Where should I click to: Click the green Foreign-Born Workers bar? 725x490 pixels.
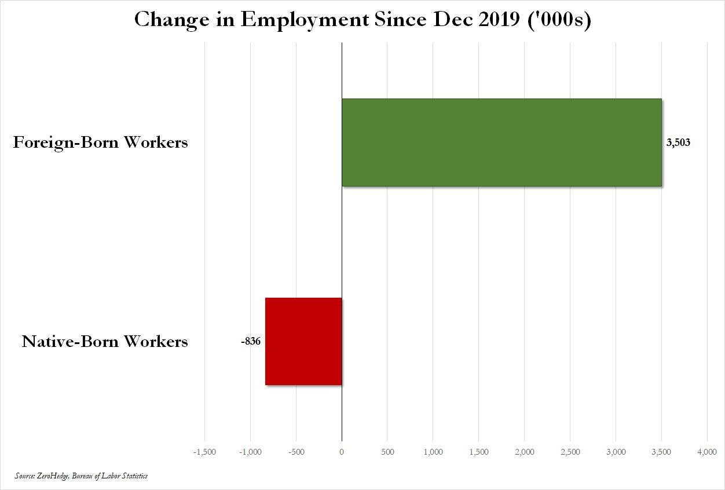pyautogui.click(x=501, y=142)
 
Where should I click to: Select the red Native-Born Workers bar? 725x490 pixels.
pyautogui.click(x=303, y=341)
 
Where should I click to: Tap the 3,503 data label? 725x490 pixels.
pyautogui.click(x=678, y=142)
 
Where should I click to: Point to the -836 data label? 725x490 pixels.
pyautogui.click(x=251, y=341)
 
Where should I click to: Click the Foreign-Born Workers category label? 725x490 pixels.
pyautogui.click(x=101, y=142)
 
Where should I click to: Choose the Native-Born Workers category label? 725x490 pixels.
pyautogui.click(x=105, y=341)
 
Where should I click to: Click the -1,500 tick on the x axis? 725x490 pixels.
pyautogui.click(x=204, y=452)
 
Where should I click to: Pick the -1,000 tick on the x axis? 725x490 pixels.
pyautogui.click(x=250, y=452)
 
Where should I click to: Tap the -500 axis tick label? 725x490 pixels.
pyautogui.click(x=295, y=452)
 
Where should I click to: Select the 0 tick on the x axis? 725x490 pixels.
pyautogui.click(x=342, y=452)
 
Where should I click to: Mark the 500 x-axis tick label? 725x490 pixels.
pyautogui.click(x=387, y=452)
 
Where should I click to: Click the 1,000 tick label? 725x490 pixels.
pyautogui.click(x=433, y=452)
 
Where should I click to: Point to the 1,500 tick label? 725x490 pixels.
pyautogui.click(x=479, y=452)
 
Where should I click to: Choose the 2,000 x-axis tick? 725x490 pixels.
pyautogui.click(x=525, y=452)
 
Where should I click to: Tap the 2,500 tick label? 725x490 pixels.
pyautogui.click(x=570, y=452)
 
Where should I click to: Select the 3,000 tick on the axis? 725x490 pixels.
pyautogui.click(x=616, y=452)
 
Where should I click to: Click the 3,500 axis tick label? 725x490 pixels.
pyautogui.click(x=662, y=452)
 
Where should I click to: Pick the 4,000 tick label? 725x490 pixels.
pyautogui.click(x=706, y=452)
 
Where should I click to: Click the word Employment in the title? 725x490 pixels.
pyautogui.click(x=305, y=20)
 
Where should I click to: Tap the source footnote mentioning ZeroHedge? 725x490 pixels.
pyautogui.click(x=82, y=476)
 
